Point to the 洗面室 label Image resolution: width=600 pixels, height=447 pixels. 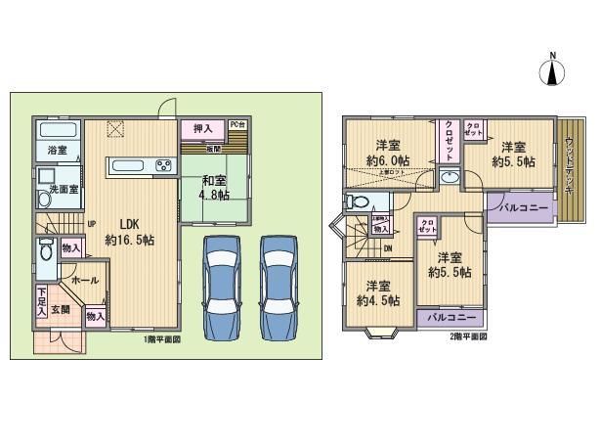pos(58,188)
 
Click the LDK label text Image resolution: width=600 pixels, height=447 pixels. pos(125,221)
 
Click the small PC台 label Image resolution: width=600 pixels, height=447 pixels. pos(237,124)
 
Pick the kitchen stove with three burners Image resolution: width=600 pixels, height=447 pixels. pos(162,164)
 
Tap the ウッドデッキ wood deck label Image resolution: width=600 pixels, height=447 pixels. pos(569,160)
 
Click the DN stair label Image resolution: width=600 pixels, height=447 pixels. pos(389,249)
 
